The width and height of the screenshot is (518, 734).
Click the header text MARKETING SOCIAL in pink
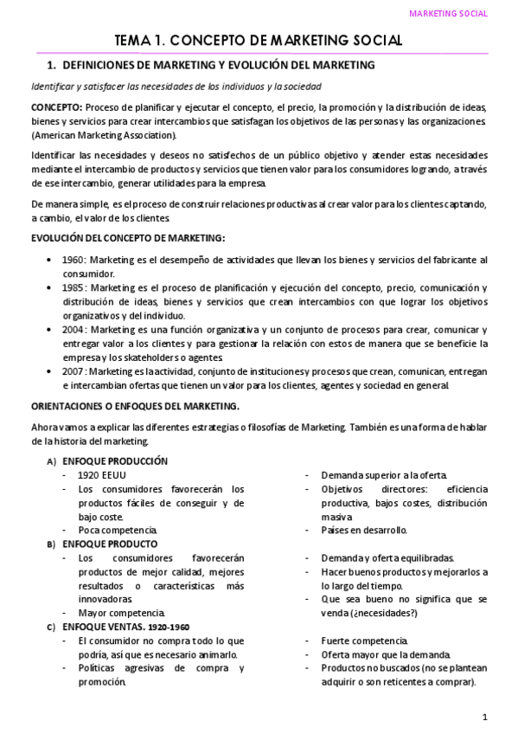click(x=447, y=14)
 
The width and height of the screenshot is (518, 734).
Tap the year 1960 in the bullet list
click(x=74, y=260)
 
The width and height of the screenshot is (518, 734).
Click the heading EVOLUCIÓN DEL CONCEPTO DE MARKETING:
click(x=128, y=237)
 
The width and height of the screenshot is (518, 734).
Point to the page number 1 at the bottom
click(x=485, y=717)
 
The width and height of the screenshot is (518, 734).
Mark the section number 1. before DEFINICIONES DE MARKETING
click(x=51, y=65)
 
